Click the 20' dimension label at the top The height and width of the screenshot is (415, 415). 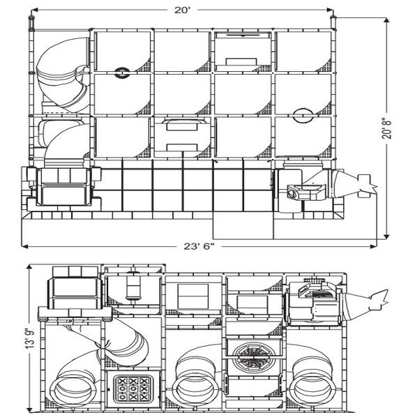182,10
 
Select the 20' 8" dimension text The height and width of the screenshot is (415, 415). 386,130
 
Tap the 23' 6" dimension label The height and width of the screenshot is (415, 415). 199,246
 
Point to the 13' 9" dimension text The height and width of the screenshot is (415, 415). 30,339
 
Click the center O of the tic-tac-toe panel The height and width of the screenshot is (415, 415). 133,388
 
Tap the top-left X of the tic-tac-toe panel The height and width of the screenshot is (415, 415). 122,381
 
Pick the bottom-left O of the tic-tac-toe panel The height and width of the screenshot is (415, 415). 122,397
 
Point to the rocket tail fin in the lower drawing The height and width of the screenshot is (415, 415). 380,300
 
